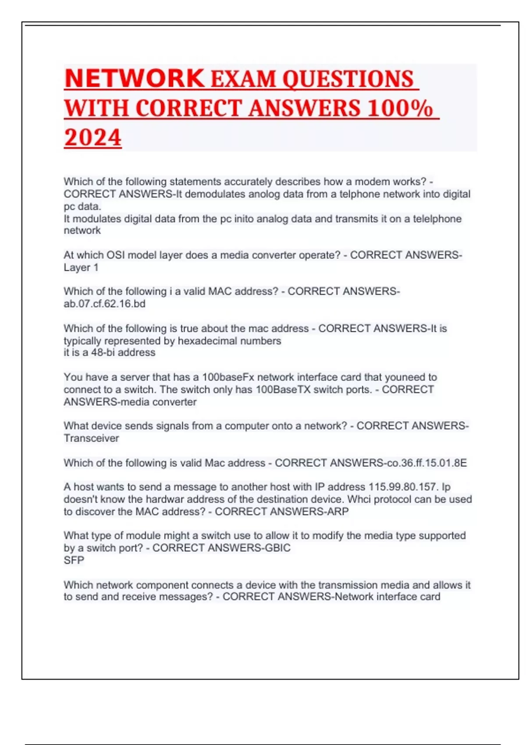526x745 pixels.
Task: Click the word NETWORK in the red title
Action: click(x=134, y=79)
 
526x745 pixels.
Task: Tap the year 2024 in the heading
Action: click(x=92, y=138)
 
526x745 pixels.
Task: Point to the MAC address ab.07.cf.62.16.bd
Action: click(x=104, y=304)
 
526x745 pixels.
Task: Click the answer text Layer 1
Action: click(x=81, y=267)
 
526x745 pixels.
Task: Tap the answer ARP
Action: click(x=338, y=511)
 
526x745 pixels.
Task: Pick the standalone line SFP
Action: click(x=74, y=560)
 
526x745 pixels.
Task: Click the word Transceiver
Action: click(x=91, y=438)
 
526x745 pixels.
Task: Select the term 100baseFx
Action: click(x=228, y=377)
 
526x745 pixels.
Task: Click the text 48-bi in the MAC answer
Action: click(x=103, y=353)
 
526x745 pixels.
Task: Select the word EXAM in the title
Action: click(x=243, y=79)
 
